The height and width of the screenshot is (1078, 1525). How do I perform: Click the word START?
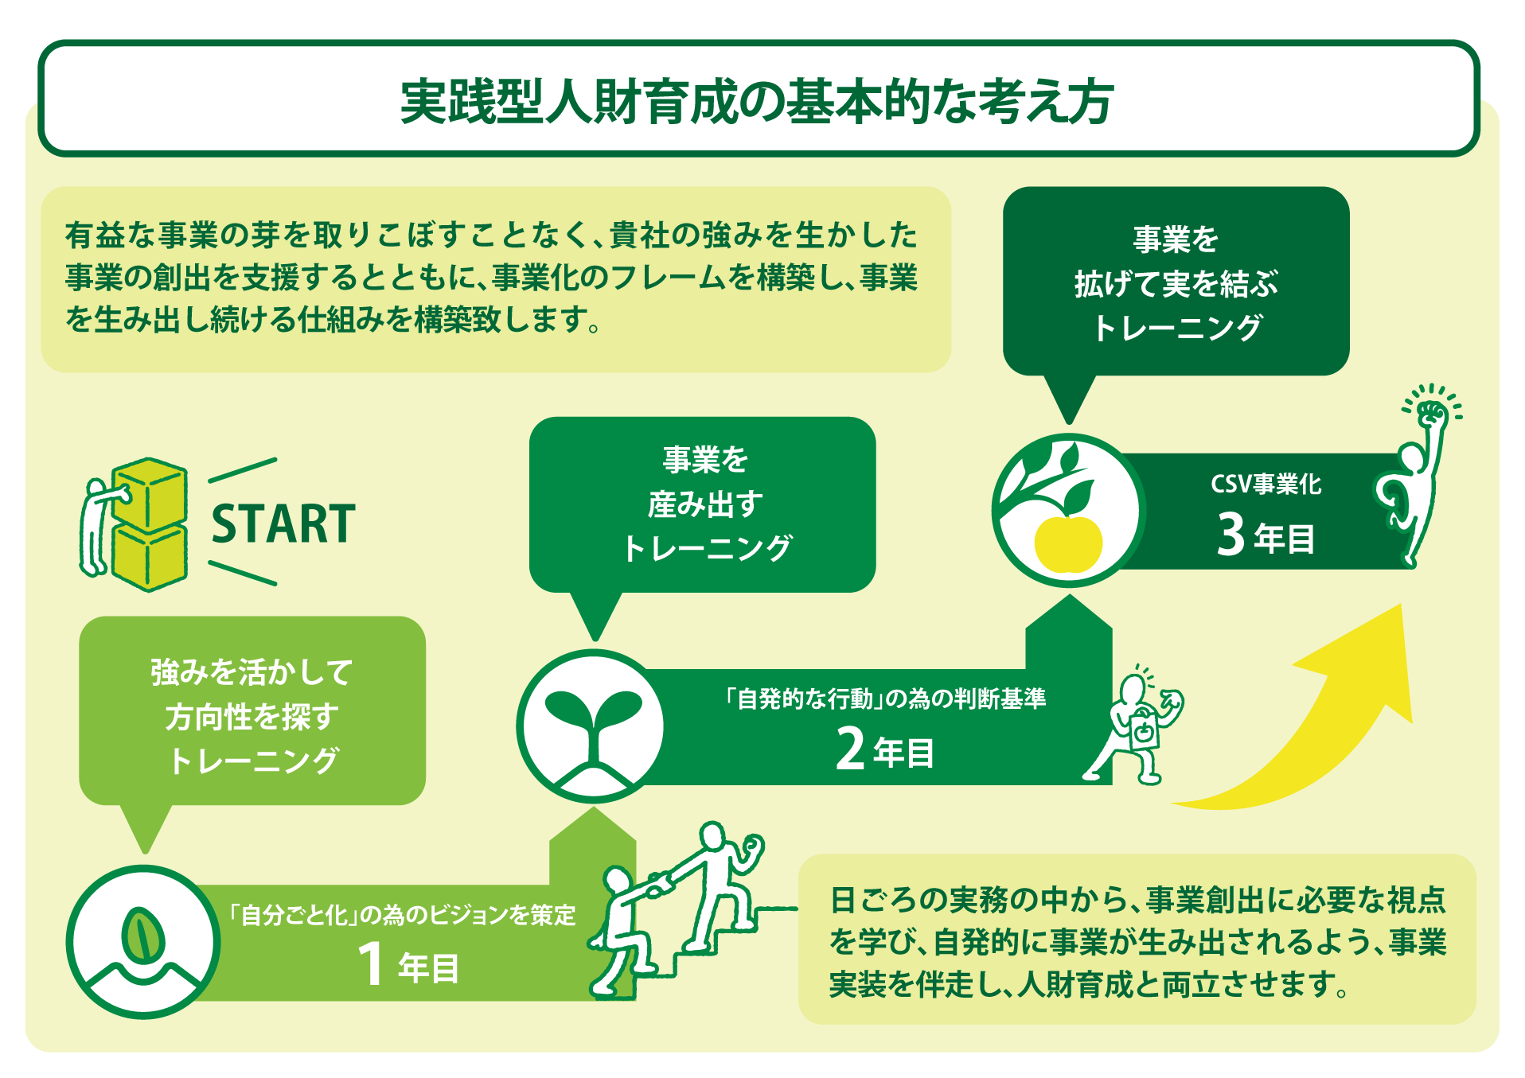click(x=283, y=524)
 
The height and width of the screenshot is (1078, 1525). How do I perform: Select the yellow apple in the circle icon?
click(x=1068, y=543)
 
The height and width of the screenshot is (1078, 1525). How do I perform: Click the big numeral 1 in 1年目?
click(x=371, y=964)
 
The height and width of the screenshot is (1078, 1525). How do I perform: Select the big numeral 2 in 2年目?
click(x=850, y=749)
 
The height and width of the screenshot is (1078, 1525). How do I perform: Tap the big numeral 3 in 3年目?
click(x=1230, y=533)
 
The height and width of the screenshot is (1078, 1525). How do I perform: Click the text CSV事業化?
click(x=1266, y=484)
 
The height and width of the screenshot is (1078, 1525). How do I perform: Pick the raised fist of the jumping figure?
click(x=1433, y=411)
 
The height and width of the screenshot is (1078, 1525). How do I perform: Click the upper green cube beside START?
click(x=150, y=493)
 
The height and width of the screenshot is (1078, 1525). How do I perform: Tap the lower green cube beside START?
click(x=150, y=557)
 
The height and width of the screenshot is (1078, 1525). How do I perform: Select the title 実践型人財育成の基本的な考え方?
click(x=757, y=101)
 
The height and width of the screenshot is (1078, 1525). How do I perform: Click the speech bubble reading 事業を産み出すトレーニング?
click(x=702, y=504)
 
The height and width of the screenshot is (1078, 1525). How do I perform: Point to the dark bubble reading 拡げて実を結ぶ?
click(x=1176, y=282)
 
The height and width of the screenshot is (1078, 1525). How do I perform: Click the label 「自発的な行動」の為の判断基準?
click(x=884, y=699)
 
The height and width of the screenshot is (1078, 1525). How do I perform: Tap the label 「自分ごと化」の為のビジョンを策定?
click(x=401, y=915)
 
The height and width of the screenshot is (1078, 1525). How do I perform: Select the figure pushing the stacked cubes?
click(x=99, y=525)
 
